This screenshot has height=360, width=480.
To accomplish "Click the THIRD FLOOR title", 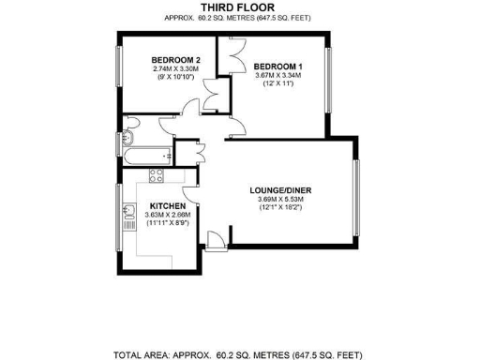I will [x=238, y=7].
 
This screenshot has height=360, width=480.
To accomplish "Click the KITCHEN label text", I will [x=164, y=205].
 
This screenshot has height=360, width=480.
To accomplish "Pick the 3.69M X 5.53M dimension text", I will [x=285, y=199].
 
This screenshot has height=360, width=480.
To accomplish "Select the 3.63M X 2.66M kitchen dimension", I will [x=164, y=215].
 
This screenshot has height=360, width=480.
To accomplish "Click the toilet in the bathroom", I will [x=129, y=126].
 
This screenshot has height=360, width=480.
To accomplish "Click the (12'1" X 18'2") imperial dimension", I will [x=285, y=207].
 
